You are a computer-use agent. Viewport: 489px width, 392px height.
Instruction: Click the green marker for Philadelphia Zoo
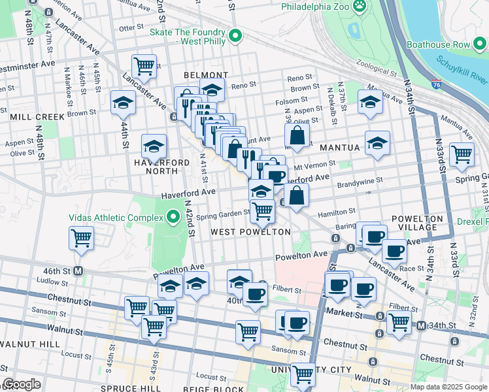(x=359, y=7)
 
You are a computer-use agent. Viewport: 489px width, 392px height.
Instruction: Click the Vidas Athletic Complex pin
(x=173, y=216)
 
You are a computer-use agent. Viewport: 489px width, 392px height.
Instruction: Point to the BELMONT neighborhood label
(x=206, y=76)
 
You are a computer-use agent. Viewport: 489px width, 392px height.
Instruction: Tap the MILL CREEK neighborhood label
(x=37, y=117)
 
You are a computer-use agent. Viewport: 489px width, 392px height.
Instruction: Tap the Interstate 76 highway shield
(x=436, y=84)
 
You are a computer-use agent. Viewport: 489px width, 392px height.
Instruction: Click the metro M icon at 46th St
(x=78, y=270)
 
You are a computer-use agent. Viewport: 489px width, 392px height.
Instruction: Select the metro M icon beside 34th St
(x=422, y=325)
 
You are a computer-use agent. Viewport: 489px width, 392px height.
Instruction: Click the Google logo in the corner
(x=22, y=385)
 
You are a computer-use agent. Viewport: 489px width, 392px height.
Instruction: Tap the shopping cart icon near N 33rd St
(x=462, y=155)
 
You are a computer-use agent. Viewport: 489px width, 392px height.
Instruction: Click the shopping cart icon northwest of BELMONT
(x=144, y=66)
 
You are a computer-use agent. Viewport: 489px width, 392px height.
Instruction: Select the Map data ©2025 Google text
(x=448, y=387)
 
